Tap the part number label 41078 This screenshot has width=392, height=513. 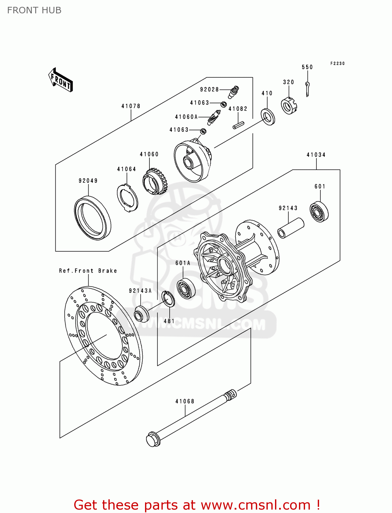tap(131, 106)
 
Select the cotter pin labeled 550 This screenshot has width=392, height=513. tap(308, 89)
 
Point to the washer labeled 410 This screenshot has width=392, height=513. tap(268, 117)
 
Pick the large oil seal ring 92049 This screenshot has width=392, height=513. tap(92, 218)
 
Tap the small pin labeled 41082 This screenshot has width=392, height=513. tap(238, 125)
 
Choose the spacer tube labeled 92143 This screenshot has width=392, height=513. tap(291, 228)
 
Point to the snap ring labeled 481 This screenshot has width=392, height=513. tap(168, 298)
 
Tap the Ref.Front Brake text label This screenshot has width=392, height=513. tap(88, 271)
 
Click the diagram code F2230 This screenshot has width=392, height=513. tap(337, 64)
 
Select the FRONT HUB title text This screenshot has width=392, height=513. tap(34, 10)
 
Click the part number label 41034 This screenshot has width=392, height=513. tap(316, 155)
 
